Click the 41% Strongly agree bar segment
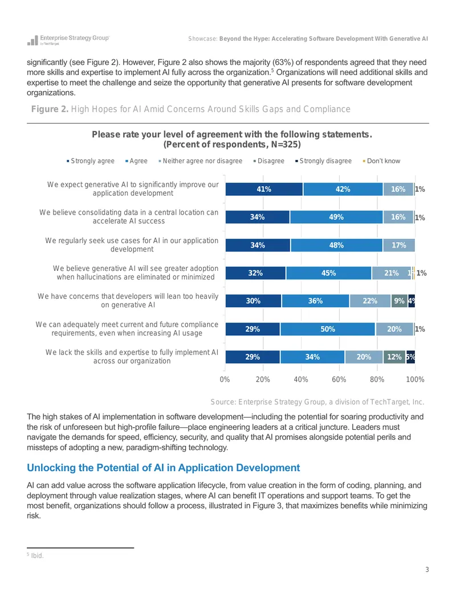tap(264, 189)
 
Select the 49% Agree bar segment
tap(336, 217)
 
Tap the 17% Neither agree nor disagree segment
tap(399, 245)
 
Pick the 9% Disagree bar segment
tap(399, 301)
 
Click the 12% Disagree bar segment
tap(394, 357)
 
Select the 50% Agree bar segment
tap(328, 329)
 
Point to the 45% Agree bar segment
tap(328, 273)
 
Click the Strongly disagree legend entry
tap(324, 161)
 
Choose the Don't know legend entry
tap(381, 161)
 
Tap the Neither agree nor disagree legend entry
tap(201, 161)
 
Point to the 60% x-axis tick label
tap(339, 380)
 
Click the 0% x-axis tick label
tap(225, 380)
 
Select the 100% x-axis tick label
tap(415, 380)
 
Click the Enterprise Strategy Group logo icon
tap(32, 40)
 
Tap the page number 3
tap(427, 570)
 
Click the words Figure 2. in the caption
tap(50, 109)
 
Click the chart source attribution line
tap(317, 402)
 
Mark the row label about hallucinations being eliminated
tap(136, 273)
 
